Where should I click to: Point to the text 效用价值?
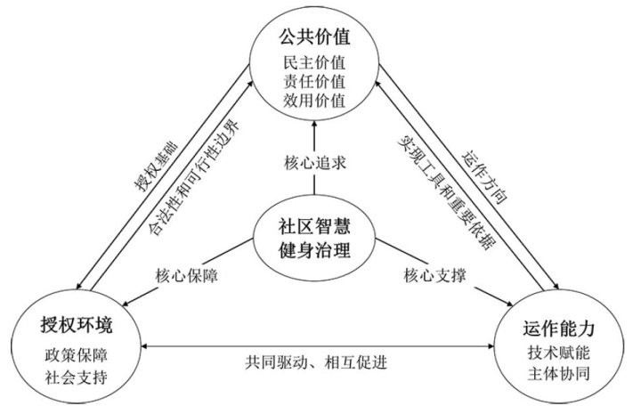coord(314,99)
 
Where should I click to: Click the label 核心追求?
coord(315,165)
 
